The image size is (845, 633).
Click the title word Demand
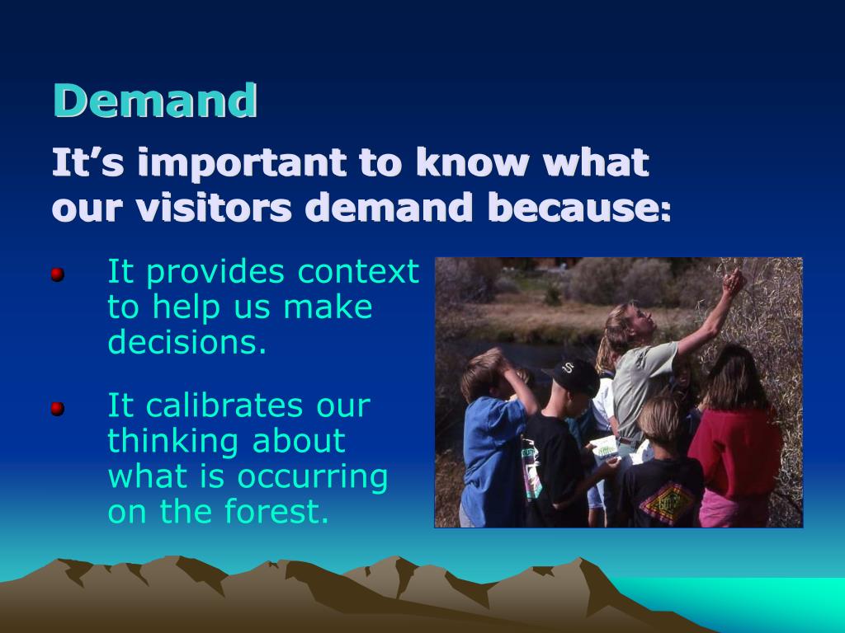click(154, 101)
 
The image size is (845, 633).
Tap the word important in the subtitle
click(242, 163)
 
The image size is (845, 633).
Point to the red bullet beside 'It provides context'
click(58, 274)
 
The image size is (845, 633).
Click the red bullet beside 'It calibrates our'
click(58, 409)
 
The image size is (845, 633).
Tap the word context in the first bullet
click(358, 272)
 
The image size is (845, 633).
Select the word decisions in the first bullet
click(187, 341)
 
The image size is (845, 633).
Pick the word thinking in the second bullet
click(173, 443)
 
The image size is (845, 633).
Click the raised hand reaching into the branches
click(734, 283)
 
